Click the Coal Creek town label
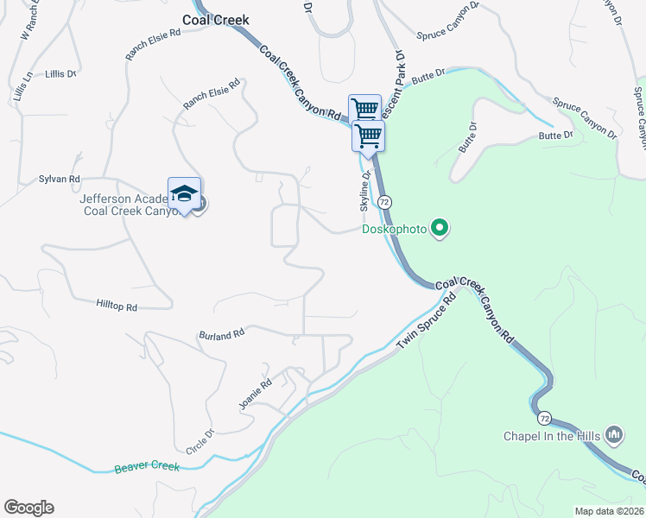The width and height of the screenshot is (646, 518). click(x=215, y=19)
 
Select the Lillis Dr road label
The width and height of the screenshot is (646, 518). click(x=61, y=74)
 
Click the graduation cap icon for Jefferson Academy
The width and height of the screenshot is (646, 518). click(x=184, y=193)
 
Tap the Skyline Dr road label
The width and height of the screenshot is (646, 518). click(x=365, y=191)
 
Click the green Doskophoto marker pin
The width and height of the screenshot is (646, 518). click(x=440, y=229)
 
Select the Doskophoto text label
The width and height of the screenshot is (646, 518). click(x=396, y=229)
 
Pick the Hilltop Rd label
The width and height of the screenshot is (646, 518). click(x=117, y=306)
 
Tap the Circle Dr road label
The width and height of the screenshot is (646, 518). click(x=199, y=442)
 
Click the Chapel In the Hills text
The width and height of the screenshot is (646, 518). click(x=553, y=435)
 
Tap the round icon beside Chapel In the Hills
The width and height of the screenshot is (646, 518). click(x=615, y=433)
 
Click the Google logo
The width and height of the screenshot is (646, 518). click(x=28, y=508)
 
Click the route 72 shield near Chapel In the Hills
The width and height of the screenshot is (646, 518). click(x=543, y=418)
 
